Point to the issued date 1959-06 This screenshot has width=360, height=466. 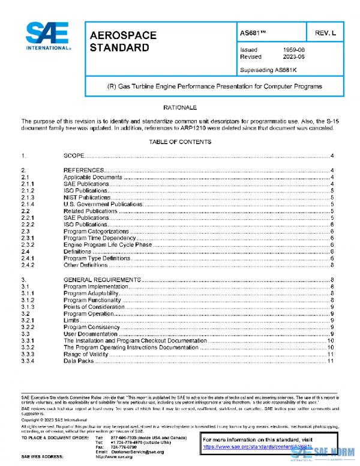294,50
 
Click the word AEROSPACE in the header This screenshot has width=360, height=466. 123,35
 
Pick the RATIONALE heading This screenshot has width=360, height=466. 180,107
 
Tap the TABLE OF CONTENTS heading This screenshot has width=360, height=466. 180,142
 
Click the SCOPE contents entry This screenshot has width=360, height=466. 74,156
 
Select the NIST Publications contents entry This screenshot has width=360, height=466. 87,197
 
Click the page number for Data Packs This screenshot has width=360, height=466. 331,361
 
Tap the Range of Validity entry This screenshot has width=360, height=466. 86,354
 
